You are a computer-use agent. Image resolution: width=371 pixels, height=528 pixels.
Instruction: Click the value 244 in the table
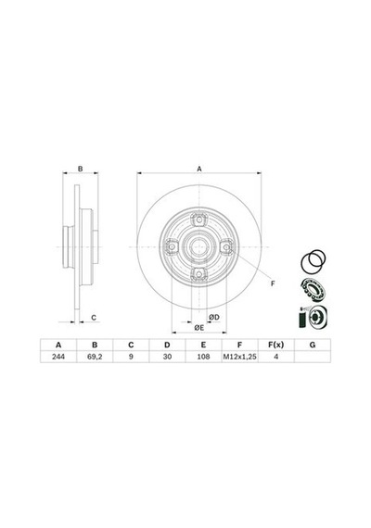coord(58,357)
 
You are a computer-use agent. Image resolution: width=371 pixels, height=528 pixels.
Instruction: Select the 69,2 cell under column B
coord(95,357)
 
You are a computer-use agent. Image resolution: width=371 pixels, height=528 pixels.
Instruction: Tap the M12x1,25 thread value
coord(239,357)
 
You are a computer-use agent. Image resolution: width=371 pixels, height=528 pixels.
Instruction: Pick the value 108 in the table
coord(203,357)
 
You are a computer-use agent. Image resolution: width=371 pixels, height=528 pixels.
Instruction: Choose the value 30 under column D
coord(167,357)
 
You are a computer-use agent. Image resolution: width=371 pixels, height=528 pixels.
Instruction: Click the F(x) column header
coord(275,345)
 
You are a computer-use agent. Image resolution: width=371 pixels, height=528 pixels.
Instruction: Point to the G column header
coord(313,345)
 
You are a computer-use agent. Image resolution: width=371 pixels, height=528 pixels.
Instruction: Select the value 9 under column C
coord(131,357)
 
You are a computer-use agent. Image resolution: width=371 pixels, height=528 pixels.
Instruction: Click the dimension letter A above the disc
coord(199,169)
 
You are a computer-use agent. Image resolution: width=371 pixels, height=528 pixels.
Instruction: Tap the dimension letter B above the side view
coord(81,169)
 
